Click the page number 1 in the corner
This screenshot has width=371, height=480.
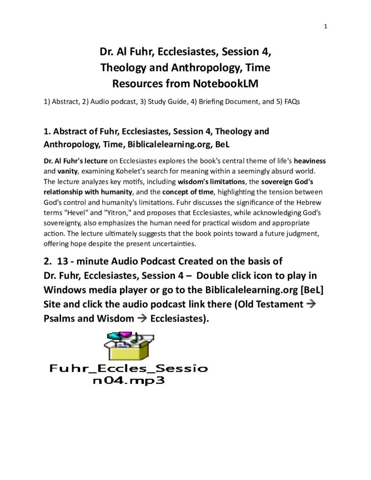[x=325, y=26]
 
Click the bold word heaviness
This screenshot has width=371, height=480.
[x=310, y=161]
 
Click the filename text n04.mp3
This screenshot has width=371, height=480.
[x=129, y=379]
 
